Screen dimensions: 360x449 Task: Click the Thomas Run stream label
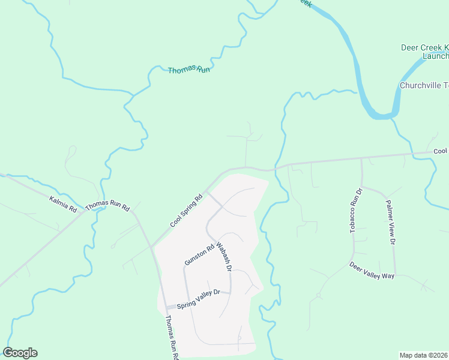tap(189, 70)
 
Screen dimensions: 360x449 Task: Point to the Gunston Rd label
tap(199, 255)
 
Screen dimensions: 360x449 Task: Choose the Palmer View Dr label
tap(390, 223)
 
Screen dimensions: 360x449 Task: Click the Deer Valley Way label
tap(372, 269)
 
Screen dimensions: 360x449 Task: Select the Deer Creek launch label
tap(425, 52)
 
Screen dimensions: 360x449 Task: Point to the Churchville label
tap(424, 85)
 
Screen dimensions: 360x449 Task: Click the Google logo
tap(20, 353)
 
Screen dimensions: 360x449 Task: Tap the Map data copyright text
tap(424, 355)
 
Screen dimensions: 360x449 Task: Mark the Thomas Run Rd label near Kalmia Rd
tap(107, 207)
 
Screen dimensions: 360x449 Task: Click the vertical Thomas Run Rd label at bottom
tap(170, 337)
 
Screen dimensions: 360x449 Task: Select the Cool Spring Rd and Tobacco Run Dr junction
tap(361, 159)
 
